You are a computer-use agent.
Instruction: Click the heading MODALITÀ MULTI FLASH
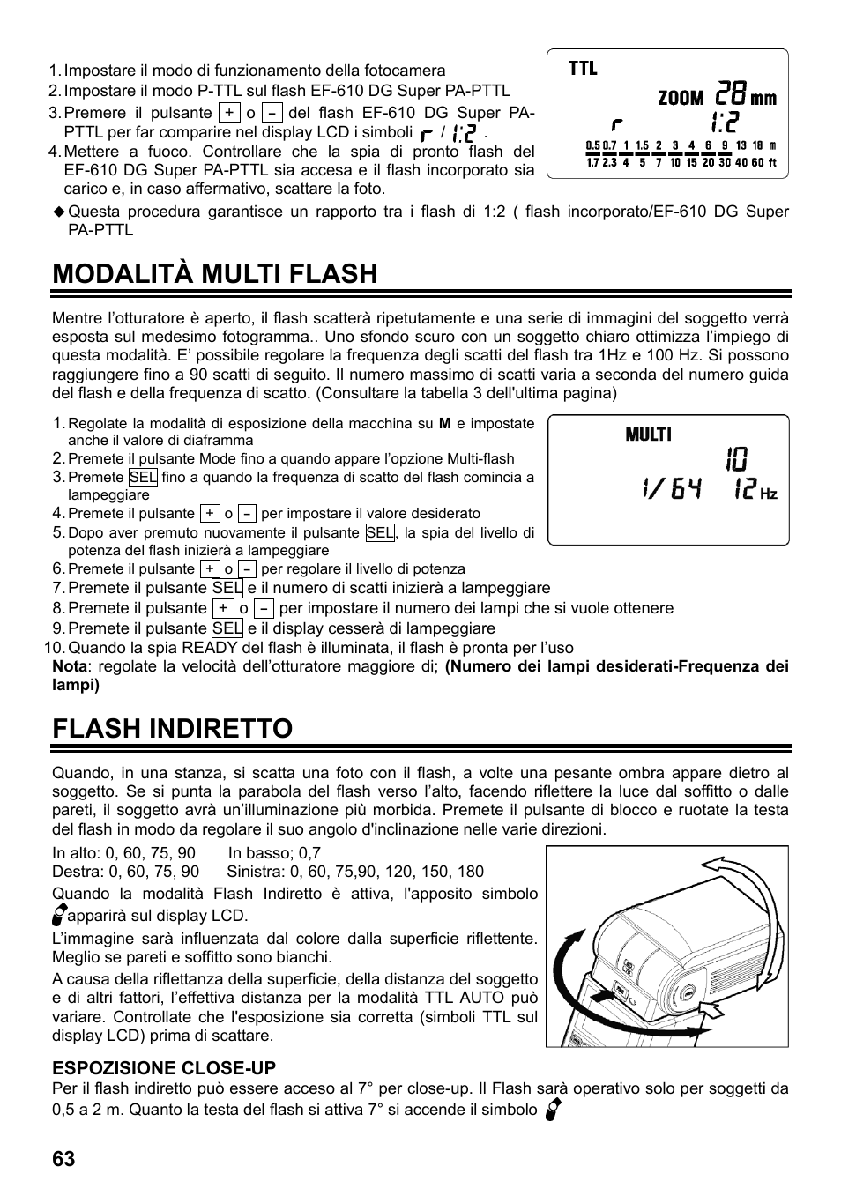(x=214, y=274)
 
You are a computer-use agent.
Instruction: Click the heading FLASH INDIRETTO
(x=172, y=729)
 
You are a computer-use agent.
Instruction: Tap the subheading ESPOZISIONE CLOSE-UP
(x=164, y=1068)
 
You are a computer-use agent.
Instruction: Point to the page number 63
(x=63, y=1159)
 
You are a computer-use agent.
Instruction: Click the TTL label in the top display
(x=583, y=69)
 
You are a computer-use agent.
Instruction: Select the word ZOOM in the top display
(x=681, y=99)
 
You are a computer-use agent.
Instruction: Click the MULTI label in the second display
(x=648, y=435)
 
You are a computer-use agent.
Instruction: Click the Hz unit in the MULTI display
(x=768, y=495)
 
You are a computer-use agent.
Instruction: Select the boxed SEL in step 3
(x=143, y=477)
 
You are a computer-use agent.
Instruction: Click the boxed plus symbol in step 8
(x=224, y=608)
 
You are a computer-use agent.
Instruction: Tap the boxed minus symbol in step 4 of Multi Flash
(x=248, y=514)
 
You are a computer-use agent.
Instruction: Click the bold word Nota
(x=70, y=666)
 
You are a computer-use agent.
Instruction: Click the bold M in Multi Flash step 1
(x=444, y=423)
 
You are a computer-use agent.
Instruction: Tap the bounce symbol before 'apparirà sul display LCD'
(x=59, y=914)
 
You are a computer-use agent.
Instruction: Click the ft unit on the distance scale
(x=772, y=162)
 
